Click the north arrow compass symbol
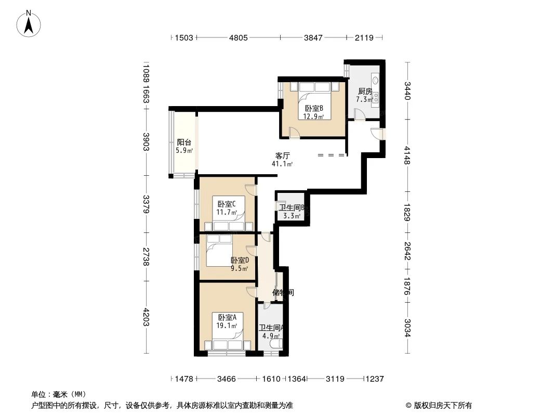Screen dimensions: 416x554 (29, 23)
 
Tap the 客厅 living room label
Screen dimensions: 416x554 (282, 155)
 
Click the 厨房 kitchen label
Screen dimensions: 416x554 (364, 92)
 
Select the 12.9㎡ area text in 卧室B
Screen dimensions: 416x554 (314, 116)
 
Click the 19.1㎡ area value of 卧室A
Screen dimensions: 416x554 (227, 326)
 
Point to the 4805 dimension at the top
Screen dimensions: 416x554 (239, 37)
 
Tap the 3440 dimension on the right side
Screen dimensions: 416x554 (408, 91)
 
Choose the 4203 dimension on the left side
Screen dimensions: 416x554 (147, 318)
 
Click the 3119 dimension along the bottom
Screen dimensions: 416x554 (335, 379)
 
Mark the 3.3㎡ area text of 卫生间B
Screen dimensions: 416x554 (292, 216)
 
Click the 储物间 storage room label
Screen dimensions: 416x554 (283, 293)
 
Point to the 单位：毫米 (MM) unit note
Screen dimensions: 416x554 (59, 394)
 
